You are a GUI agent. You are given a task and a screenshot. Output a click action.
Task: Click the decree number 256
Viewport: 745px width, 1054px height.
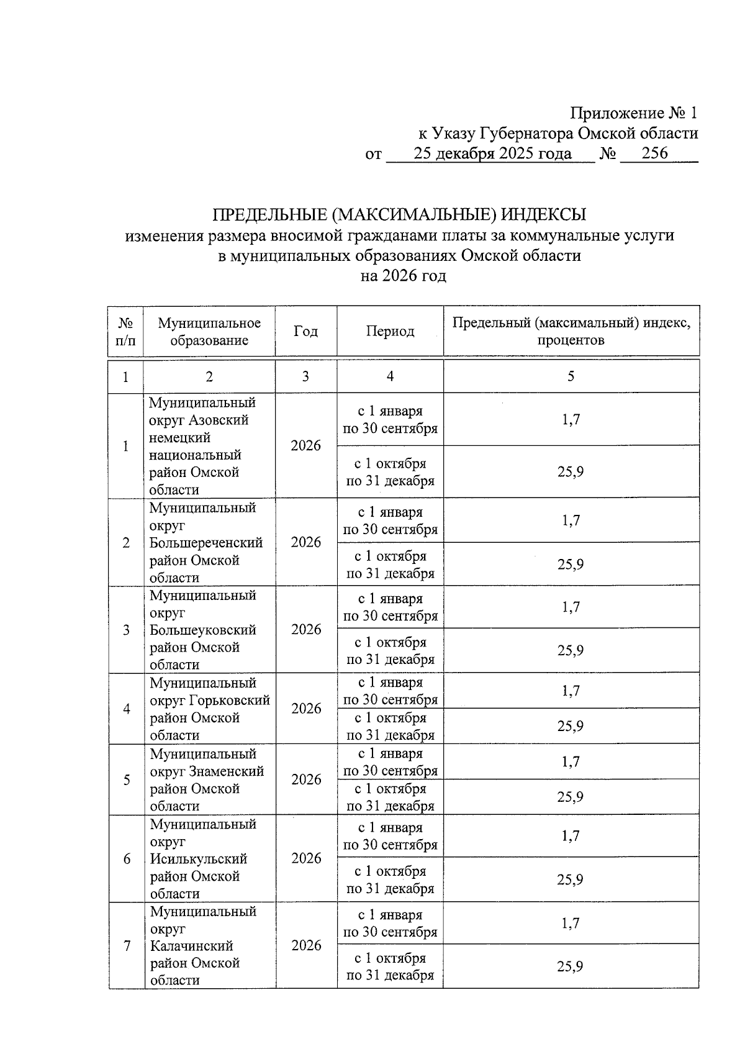click(654, 153)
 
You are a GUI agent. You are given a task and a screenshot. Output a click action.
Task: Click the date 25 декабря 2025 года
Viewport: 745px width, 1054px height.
click(492, 153)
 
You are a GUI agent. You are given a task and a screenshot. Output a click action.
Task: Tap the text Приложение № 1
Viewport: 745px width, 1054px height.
click(634, 113)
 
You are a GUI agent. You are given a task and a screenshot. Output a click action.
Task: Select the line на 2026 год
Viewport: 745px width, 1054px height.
click(403, 276)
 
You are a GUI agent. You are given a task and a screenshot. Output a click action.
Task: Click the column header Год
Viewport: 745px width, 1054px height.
click(305, 331)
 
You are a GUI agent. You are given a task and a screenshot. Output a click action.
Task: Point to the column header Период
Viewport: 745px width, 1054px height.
click(390, 331)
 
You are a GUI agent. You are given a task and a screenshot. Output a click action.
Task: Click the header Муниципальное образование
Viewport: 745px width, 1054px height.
click(209, 331)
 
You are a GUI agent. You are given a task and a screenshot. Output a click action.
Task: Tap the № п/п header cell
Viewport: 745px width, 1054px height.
click(125, 331)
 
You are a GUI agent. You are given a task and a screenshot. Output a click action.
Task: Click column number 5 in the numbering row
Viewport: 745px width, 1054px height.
click(571, 376)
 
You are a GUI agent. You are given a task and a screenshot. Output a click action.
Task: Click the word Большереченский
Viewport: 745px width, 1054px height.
click(206, 543)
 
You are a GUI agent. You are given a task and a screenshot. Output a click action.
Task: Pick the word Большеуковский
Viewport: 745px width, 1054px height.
click(203, 630)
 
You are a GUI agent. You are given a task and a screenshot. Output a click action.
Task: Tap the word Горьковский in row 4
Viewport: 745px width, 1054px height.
click(229, 701)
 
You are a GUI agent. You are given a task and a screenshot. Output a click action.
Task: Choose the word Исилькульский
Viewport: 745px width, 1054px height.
click(199, 859)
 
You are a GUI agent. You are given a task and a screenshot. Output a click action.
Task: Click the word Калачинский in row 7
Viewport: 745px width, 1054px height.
click(192, 946)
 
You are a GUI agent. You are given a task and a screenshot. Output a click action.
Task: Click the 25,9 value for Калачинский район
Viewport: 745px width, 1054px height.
click(570, 966)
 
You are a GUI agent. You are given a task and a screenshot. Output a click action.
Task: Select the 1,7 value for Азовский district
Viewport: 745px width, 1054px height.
click(571, 420)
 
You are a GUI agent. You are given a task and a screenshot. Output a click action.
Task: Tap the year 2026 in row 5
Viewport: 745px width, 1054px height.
click(306, 779)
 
